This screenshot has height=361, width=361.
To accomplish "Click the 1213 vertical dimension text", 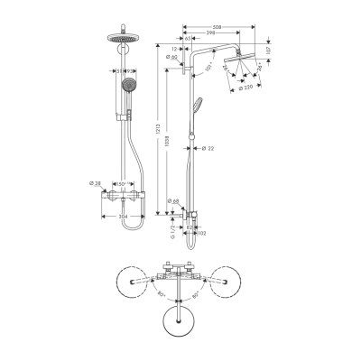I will click(x=160, y=129).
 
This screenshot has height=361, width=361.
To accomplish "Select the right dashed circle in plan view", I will click(x=221, y=283).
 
